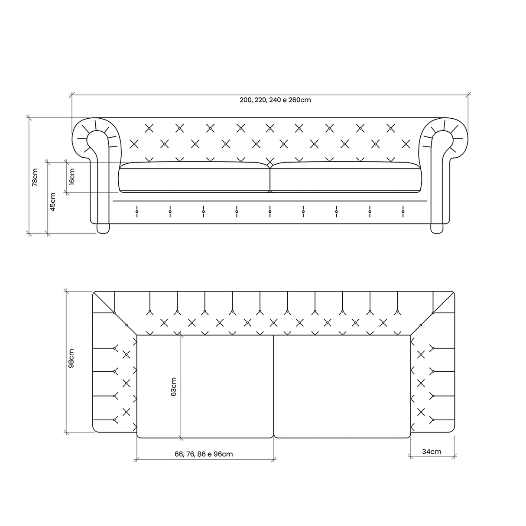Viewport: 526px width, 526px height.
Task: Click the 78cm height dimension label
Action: (x=35, y=177)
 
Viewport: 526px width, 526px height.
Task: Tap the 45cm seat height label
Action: (x=53, y=202)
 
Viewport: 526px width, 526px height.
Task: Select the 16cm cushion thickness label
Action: (x=72, y=177)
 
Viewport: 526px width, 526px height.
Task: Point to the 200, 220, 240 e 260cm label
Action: (x=275, y=100)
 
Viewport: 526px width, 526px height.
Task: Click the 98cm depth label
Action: (x=71, y=358)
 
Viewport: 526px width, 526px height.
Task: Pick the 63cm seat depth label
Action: (x=174, y=387)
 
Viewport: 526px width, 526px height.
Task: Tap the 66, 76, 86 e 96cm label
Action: (x=204, y=454)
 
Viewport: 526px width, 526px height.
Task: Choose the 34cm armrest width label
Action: (x=432, y=452)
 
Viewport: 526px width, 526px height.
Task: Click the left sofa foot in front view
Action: (x=103, y=228)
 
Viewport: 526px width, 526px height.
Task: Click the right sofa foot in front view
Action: (x=437, y=228)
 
